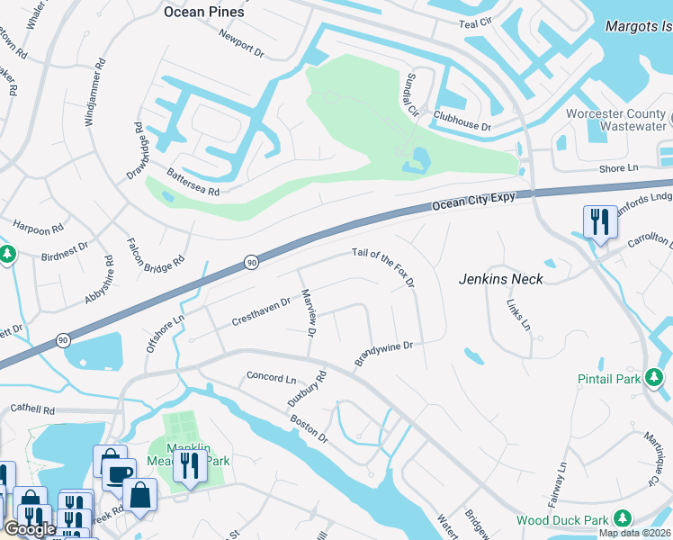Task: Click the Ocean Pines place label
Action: (204, 13)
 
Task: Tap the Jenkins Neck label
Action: (502, 279)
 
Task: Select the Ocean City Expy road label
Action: (473, 202)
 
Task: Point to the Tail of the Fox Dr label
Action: (383, 269)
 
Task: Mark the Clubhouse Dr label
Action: (462, 121)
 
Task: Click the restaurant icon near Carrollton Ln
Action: (599, 221)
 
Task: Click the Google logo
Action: (30, 529)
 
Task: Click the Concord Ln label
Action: (271, 378)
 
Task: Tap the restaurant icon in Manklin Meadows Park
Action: (189, 465)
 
